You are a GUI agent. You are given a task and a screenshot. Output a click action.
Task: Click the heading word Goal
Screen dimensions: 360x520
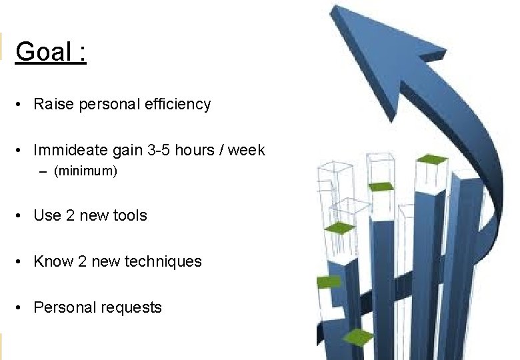42,51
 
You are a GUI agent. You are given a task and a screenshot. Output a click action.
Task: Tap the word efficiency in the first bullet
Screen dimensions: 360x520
179,105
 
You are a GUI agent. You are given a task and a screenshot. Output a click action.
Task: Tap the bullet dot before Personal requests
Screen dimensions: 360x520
21,308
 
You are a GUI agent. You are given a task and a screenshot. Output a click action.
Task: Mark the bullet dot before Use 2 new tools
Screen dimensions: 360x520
21,216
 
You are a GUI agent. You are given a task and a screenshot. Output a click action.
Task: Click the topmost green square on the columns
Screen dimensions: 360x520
431,159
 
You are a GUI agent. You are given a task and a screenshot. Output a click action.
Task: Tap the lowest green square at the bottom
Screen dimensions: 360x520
358,336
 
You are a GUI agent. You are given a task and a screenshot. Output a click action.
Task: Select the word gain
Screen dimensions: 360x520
129,151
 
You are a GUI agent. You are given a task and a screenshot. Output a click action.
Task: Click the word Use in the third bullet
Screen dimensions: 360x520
47,216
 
